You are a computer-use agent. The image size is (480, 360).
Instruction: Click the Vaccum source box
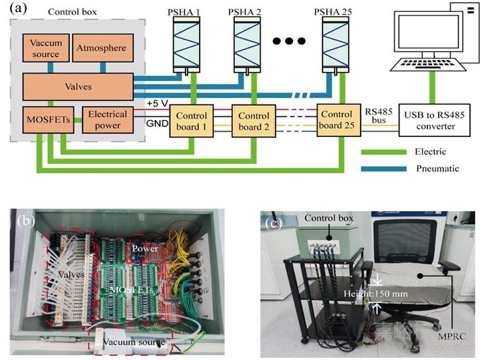47,48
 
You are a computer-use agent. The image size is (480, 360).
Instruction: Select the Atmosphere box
102,48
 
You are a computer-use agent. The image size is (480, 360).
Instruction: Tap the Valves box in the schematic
78,87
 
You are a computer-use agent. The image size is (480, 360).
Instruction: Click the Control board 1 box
192,121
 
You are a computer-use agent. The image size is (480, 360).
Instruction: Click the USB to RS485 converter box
432,121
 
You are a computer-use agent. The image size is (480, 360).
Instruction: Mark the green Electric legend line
384,152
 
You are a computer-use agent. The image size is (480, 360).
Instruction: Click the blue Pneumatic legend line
384,169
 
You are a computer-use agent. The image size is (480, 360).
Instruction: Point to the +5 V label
157,103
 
